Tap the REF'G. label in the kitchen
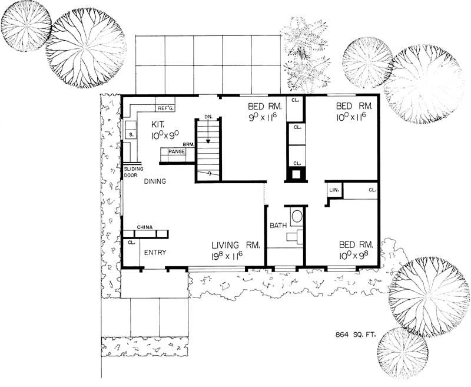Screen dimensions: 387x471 click(x=164, y=108)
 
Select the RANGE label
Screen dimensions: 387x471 click(x=177, y=152)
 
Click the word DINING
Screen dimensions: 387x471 click(x=154, y=182)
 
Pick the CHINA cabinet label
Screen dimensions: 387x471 click(x=145, y=227)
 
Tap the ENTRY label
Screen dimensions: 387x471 click(x=155, y=253)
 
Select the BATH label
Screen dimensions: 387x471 click(x=278, y=226)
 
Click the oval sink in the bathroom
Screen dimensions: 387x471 click(x=296, y=216)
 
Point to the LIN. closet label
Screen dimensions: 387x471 click(x=333, y=190)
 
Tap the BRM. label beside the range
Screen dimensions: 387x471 click(x=188, y=144)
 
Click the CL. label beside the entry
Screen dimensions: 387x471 click(x=131, y=242)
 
